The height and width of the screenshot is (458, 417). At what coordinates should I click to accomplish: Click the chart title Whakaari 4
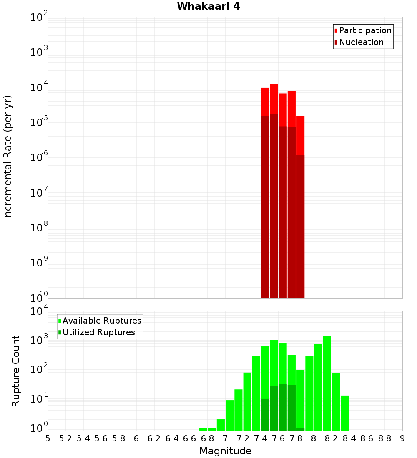208,7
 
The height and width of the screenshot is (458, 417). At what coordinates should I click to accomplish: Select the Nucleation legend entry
361,42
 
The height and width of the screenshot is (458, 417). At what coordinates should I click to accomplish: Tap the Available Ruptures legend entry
101,321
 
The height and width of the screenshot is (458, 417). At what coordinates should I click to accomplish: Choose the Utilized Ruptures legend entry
98,332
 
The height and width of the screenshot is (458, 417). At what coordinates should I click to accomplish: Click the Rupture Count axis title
16,371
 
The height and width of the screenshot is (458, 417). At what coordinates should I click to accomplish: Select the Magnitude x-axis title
225,451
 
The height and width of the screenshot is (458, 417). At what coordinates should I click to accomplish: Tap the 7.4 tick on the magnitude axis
261,438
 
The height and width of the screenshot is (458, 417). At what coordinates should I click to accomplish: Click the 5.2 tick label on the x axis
65,438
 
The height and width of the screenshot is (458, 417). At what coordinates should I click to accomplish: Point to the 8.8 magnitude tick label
384,438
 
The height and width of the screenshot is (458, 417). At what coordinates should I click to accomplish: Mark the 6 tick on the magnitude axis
136,438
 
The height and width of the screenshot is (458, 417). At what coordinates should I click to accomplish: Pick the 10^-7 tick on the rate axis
38,194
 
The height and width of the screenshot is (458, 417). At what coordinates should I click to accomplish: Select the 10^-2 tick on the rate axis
38,18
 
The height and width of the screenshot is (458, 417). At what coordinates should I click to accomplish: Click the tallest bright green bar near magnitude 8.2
327,383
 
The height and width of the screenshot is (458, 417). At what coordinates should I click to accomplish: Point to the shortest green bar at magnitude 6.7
203,429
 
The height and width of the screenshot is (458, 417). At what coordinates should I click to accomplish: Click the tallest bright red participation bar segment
274,99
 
